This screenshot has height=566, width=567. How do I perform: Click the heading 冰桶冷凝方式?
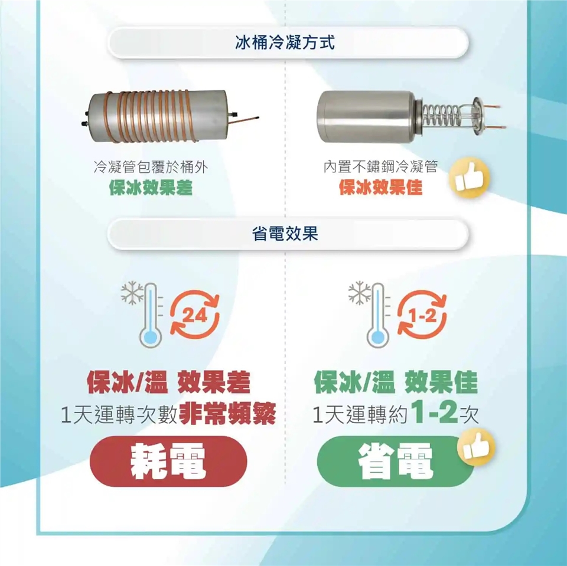(285, 42)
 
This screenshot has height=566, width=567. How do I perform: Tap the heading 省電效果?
(285, 234)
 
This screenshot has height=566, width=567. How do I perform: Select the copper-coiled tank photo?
(170, 116)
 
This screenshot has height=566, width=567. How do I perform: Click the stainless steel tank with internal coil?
(411, 116)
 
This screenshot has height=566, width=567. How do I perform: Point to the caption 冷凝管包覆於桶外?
(151, 167)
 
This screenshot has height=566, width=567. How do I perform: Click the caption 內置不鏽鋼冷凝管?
(381, 167)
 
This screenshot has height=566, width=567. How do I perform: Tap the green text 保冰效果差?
(151, 188)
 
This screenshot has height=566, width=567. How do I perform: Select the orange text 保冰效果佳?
(381, 188)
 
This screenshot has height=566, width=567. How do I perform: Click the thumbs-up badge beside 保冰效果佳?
(469, 178)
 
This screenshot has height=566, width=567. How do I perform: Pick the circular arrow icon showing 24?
(195, 314)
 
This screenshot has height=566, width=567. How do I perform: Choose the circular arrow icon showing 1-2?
(422, 314)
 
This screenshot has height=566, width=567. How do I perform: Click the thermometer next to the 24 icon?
(151, 315)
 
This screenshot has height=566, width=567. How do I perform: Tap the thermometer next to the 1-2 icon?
(378, 315)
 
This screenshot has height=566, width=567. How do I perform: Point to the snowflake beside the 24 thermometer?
(132, 292)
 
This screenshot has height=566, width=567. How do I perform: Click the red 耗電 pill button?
(168, 461)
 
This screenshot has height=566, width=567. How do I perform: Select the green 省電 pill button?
(396, 461)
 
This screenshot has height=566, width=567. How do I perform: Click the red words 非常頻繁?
(227, 414)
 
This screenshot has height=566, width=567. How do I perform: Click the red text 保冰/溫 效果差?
(168, 382)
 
